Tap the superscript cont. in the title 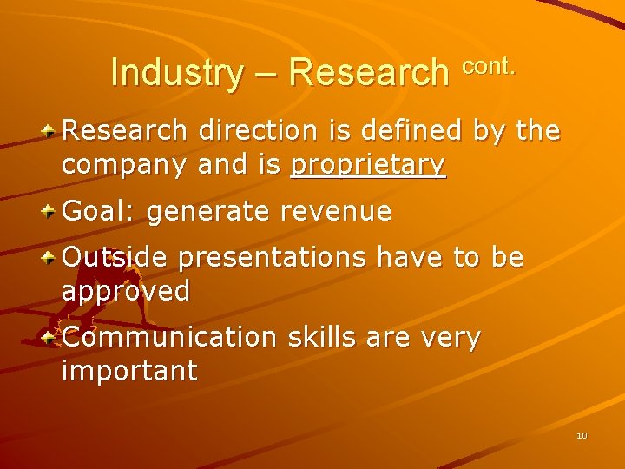pos(489,64)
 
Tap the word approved pos(125,291)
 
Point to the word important pos(129,370)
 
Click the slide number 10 pos(582,435)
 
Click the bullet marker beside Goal pos(51,209)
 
